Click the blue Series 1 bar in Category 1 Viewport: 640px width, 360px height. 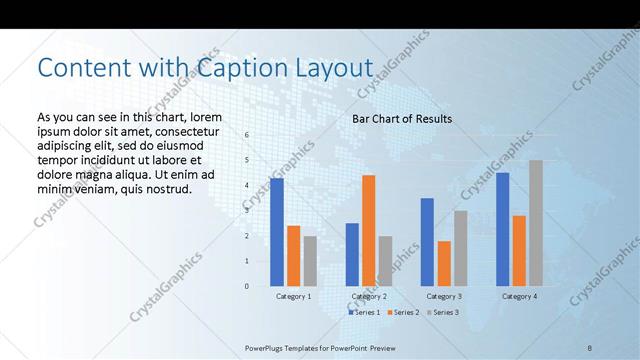click(277, 232)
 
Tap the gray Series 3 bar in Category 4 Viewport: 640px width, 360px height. click(536, 223)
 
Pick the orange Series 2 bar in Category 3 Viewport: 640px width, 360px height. click(444, 263)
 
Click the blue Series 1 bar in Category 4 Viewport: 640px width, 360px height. click(502, 229)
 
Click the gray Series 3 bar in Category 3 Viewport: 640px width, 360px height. click(460, 248)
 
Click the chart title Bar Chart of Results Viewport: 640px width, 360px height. click(402, 119)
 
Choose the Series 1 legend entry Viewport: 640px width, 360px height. click(364, 312)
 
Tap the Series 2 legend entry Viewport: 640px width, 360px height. click(403, 312)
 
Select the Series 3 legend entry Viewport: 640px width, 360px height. click(442, 312)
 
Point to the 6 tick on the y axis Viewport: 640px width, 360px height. click(247, 135)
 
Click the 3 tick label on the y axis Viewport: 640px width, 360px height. click(247, 211)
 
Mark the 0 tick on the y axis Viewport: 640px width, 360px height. click(247, 286)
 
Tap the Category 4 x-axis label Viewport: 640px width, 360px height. click(518, 296)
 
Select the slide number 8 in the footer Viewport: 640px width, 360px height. click(590, 347)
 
